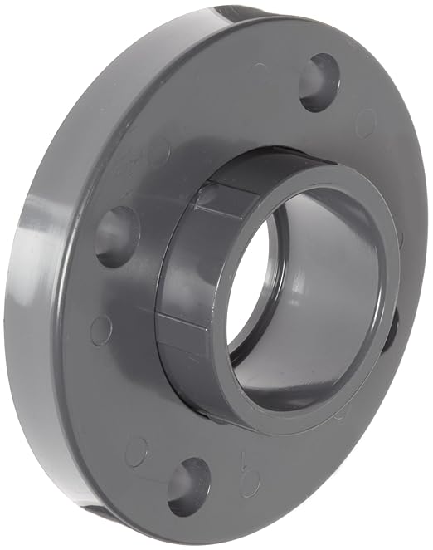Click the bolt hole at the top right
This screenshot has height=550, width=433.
(x=319, y=81)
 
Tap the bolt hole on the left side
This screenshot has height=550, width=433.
(x=117, y=236)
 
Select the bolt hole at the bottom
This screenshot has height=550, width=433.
(x=188, y=486)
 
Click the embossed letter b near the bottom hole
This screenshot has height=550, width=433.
(x=249, y=464)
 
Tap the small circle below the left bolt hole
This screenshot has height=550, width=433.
(x=101, y=330)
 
